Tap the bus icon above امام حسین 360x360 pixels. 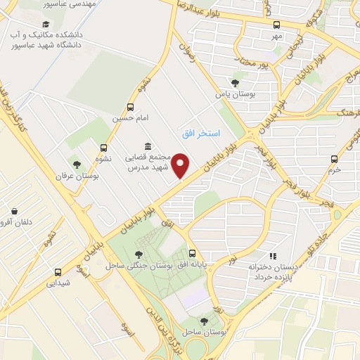point(130,107)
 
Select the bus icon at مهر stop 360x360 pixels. point(276,25)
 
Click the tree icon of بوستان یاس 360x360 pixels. point(234,82)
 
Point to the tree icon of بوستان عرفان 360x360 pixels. point(77,165)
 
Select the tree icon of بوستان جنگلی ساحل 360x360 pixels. point(138,255)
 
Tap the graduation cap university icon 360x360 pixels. point(15,34)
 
